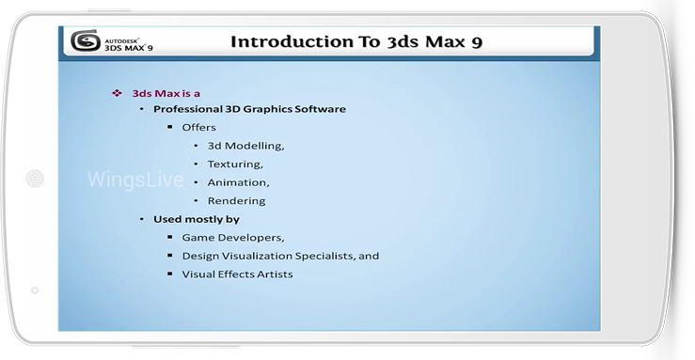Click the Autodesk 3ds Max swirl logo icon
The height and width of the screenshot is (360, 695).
click(86, 40)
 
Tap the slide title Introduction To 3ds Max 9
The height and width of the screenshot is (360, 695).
click(356, 41)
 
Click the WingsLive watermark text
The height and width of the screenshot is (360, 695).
click(135, 180)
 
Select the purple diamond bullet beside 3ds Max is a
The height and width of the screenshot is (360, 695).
click(117, 93)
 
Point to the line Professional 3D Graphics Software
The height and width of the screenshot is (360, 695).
click(249, 109)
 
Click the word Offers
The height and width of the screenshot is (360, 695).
click(199, 128)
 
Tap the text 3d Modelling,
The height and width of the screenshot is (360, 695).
click(246, 146)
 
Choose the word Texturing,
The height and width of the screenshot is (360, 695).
click(235, 164)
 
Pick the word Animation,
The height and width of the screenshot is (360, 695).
click(239, 182)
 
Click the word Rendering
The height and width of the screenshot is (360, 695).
click(237, 201)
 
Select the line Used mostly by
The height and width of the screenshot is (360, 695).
click(197, 219)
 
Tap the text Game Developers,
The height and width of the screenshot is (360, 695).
click(233, 238)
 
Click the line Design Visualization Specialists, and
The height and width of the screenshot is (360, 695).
click(280, 256)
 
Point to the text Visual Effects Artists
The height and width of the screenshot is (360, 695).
click(238, 274)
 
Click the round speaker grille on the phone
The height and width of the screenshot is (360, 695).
click(35, 179)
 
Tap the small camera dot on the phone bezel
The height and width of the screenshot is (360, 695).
click(35, 290)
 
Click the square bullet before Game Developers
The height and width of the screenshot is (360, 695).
click(170, 237)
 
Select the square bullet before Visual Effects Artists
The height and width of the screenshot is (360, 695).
click(170, 274)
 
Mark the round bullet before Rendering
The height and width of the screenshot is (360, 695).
click(196, 200)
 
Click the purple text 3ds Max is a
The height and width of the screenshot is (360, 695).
click(166, 93)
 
